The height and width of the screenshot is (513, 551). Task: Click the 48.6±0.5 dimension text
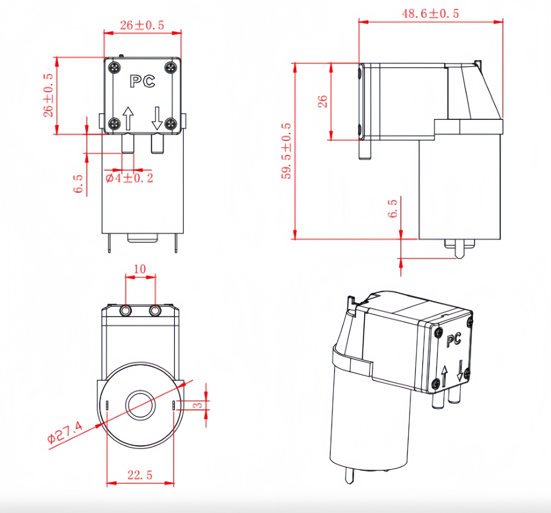(x=430, y=14)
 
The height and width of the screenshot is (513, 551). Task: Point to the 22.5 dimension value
(x=140, y=475)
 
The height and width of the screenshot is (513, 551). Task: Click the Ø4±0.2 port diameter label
(x=129, y=178)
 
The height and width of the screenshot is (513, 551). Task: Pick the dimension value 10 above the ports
(x=140, y=269)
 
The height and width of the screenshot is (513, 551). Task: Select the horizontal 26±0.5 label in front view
(x=142, y=25)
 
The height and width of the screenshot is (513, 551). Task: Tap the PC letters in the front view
(x=142, y=81)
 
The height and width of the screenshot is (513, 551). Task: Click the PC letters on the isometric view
(x=454, y=340)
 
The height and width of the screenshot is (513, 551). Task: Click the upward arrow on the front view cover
(x=128, y=118)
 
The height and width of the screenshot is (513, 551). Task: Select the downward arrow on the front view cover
(x=157, y=118)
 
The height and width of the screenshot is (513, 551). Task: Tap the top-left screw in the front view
(x=114, y=67)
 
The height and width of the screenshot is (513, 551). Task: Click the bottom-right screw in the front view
(x=171, y=124)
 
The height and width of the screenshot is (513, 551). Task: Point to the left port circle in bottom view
(x=126, y=311)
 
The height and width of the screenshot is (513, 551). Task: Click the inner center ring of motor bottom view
(x=141, y=405)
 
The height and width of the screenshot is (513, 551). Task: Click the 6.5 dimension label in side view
(x=392, y=209)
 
